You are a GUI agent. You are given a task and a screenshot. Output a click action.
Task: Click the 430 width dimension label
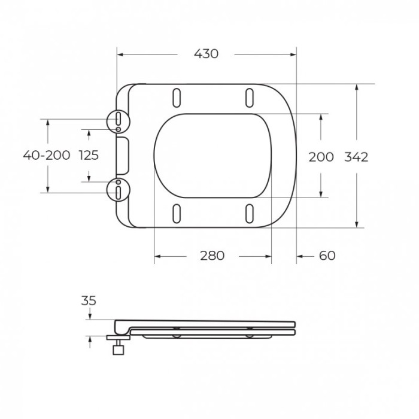pos(206,54)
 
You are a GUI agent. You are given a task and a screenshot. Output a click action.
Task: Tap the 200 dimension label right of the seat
pos(321,157)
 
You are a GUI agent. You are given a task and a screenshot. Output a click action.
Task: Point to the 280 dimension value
pos(212,256)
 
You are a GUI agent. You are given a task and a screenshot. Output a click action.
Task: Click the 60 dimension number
pos(327,256)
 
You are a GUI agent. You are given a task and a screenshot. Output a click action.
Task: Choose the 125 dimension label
pos(89,156)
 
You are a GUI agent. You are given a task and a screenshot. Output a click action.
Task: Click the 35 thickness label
pos(89,301)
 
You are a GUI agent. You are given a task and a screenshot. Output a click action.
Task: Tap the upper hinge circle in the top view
pos(119,120)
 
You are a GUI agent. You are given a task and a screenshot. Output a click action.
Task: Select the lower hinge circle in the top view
pos(119,190)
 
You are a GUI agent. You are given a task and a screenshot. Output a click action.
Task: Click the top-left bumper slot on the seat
pos(177,97)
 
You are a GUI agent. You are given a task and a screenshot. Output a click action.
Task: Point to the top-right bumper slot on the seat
pos(249,97)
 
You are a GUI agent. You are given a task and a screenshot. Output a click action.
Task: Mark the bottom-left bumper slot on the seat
pos(177,214)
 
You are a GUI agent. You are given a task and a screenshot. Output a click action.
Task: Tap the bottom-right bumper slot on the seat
pos(249,214)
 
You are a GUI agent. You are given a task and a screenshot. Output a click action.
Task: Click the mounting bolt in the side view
pos(119,345)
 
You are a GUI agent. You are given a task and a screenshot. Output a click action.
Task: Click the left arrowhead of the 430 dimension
pos(119,54)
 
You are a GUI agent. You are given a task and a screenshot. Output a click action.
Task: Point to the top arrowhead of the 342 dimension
pos(357,87)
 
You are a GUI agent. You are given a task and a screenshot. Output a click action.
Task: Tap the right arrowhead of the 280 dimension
pos(269,257)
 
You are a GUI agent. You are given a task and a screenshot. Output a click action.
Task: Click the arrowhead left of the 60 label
pos(300,257)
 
